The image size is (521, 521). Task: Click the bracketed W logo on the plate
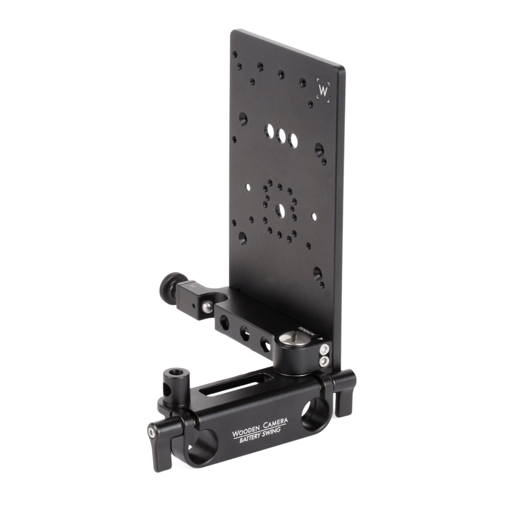pyautogui.click(x=323, y=90)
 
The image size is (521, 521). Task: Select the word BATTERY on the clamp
pyautogui.click(x=251, y=440)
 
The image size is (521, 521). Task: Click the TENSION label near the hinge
pyautogui.click(x=307, y=331)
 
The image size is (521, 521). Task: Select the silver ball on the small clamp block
pyautogui.click(x=207, y=307)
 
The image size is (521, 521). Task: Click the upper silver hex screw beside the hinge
pyautogui.click(x=324, y=350)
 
